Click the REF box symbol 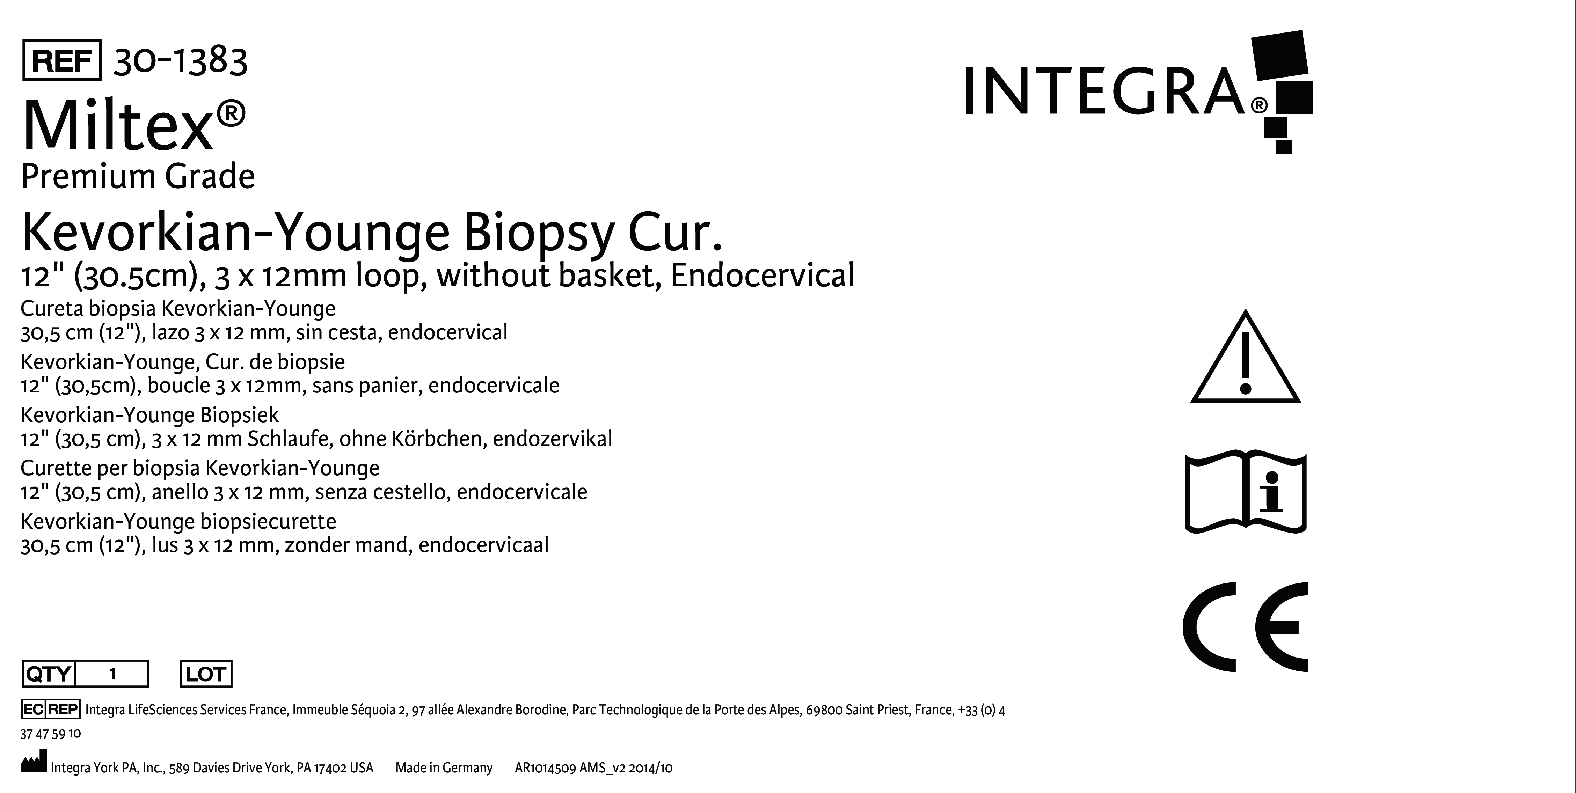[x=62, y=60]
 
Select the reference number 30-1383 [x=181, y=60]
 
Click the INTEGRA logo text [x=1105, y=92]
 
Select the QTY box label [x=48, y=674]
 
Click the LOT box [x=206, y=674]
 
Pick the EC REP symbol [x=50, y=709]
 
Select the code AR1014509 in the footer [x=546, y=768]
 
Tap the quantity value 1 [x=112, y=674]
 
